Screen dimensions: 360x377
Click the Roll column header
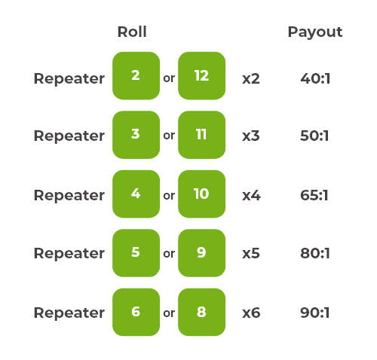(x=132, y=32)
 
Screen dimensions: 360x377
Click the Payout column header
(x=314, y=32)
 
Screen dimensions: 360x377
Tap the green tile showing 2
(x=136, y=76)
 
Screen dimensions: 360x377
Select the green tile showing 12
(x=201, y=76)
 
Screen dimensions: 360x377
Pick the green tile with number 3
(x=136, y=135)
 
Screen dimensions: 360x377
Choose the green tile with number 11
(x=201, y=135)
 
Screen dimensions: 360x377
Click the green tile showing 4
(x=136, y=194)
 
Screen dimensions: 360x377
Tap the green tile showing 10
(x=201, y=194)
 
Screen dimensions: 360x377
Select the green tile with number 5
(x=136, y=253)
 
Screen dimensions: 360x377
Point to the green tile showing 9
(x=201, y=253)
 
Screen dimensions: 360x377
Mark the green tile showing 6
(x=136, y=312)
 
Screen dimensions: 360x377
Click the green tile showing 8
(x=201, y=312)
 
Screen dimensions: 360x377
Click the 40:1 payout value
(x=314, y=78)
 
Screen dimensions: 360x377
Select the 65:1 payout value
(x=314, y=195)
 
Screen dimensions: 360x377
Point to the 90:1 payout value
(x=314, y=313)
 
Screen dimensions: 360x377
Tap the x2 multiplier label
(x=250, y=78)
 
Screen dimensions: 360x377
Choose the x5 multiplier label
(x=250, y=254)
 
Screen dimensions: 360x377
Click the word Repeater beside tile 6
(x=69, y=313)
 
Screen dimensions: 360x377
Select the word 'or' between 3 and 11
(x=169, y=136)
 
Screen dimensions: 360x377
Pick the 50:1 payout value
(x=314, y=136)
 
